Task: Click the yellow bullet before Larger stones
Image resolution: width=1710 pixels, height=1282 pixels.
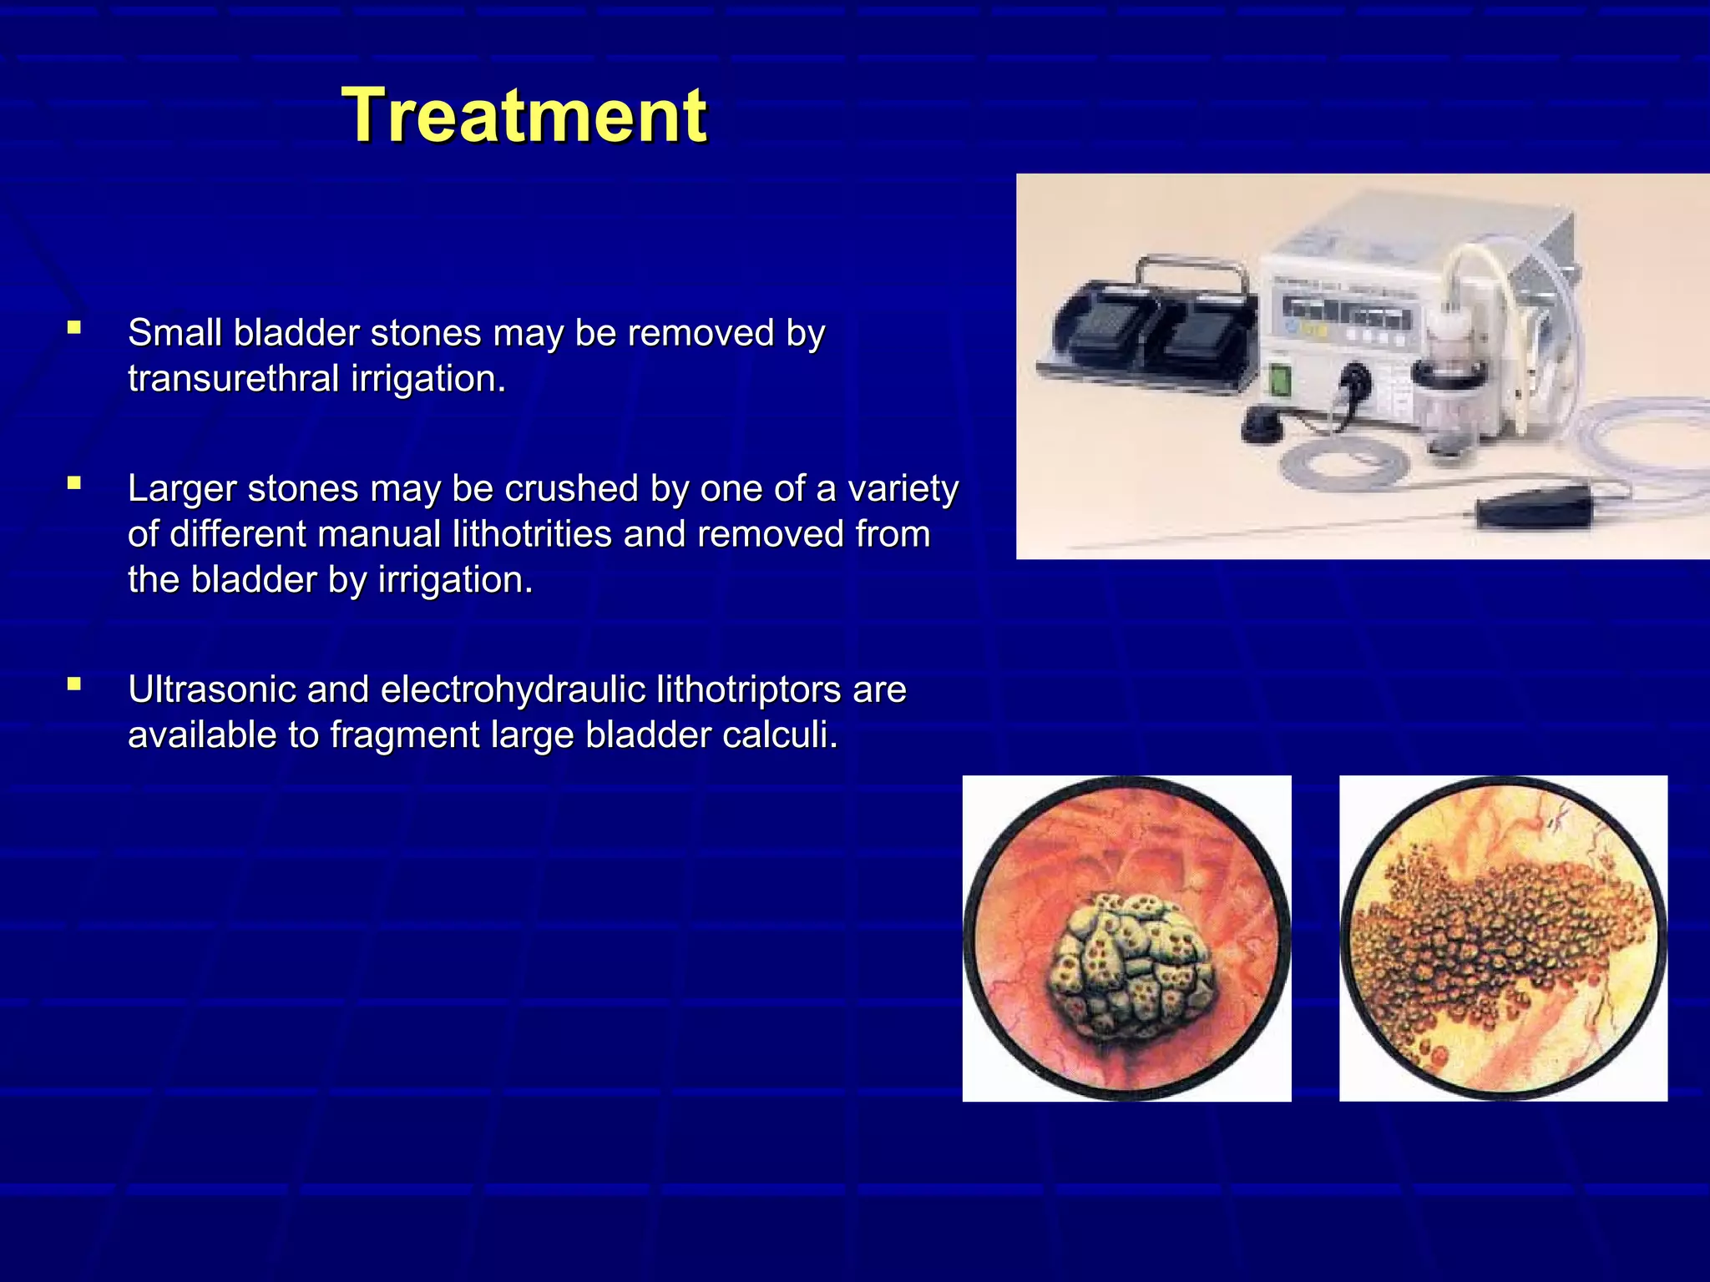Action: (x=75, y=482)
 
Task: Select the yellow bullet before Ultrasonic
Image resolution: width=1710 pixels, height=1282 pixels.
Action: (x=75, y=684)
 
